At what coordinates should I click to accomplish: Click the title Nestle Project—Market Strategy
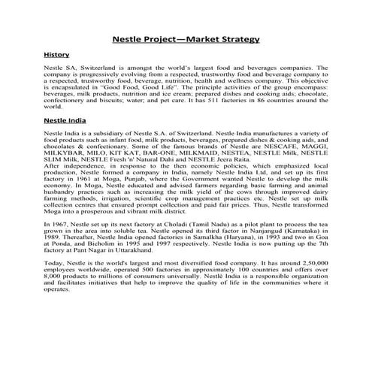point(186,38)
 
